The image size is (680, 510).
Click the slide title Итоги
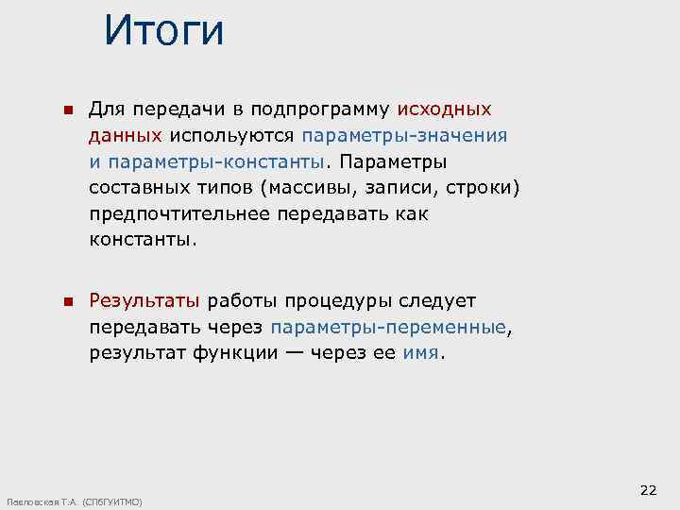point(164,30)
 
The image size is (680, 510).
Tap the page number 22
point(648,489)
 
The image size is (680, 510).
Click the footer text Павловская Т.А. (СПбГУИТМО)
point(74,501)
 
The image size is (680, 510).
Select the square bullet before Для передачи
point(67,111)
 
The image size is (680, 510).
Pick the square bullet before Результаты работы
point(67,302)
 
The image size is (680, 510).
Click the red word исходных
point(450,110)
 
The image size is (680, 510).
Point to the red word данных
point(126,135)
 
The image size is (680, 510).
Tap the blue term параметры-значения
point(404,135)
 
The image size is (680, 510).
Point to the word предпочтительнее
point(179,213)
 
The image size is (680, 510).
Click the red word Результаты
point(144,301)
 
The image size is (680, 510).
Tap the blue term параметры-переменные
point(388,328)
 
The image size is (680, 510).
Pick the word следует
point(442,301)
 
